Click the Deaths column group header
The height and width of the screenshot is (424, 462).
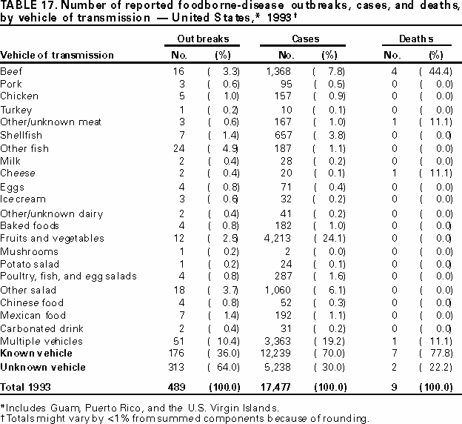click(x=419, y=38)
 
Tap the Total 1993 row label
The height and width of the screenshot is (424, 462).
click(x=26, y=386)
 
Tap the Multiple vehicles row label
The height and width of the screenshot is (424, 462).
click(x=36, y=341)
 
